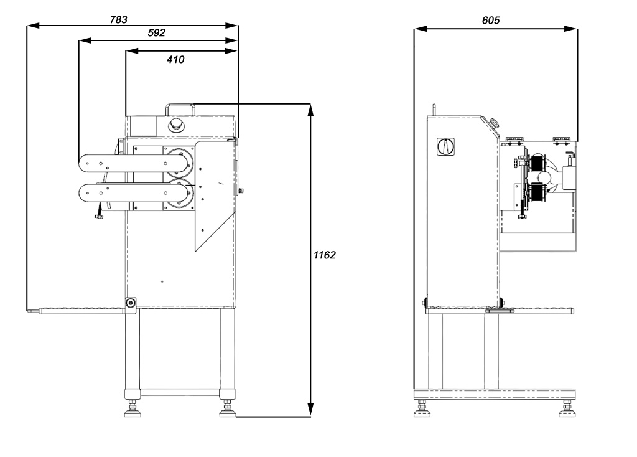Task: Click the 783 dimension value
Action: click(119, 19)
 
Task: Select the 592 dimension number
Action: click(156, 34)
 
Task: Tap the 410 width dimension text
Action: click(175, 60)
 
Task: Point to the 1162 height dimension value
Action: click(324, 255)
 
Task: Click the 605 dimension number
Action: click(491, 21)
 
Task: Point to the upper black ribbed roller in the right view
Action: click(536, 164)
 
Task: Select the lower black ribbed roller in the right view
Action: click(536, 192)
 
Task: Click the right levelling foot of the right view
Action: click(567, 408)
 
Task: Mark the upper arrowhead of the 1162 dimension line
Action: click(310, 109)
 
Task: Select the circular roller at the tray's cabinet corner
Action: click(131, 303)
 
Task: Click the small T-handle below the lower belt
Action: click(99, 216)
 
